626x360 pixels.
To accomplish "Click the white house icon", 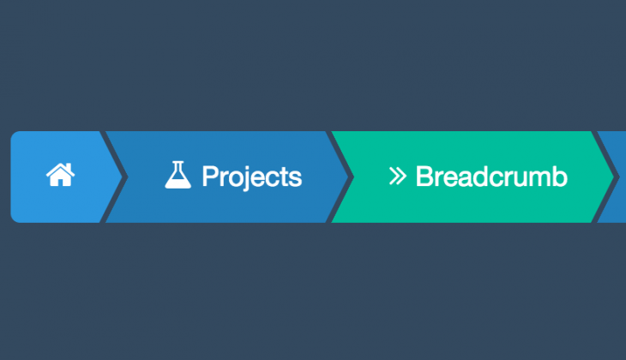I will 60,176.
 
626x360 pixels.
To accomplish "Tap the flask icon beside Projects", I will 178,176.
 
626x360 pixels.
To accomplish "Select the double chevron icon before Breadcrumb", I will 396,177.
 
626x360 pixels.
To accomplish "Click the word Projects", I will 251,177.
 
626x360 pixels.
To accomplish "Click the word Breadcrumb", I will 491,177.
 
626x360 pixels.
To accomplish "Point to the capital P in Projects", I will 209,177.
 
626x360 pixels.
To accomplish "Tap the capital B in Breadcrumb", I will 424,177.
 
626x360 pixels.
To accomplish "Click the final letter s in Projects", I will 296,178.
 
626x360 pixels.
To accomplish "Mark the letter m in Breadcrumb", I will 540,178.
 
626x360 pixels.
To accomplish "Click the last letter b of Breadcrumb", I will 560,177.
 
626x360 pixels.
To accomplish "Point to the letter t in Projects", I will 284,177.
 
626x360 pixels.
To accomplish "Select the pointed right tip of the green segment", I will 613,177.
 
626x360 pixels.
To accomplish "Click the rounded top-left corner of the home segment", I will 14,135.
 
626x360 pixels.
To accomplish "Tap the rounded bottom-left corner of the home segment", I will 14,219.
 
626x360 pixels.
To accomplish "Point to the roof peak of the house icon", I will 60,165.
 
